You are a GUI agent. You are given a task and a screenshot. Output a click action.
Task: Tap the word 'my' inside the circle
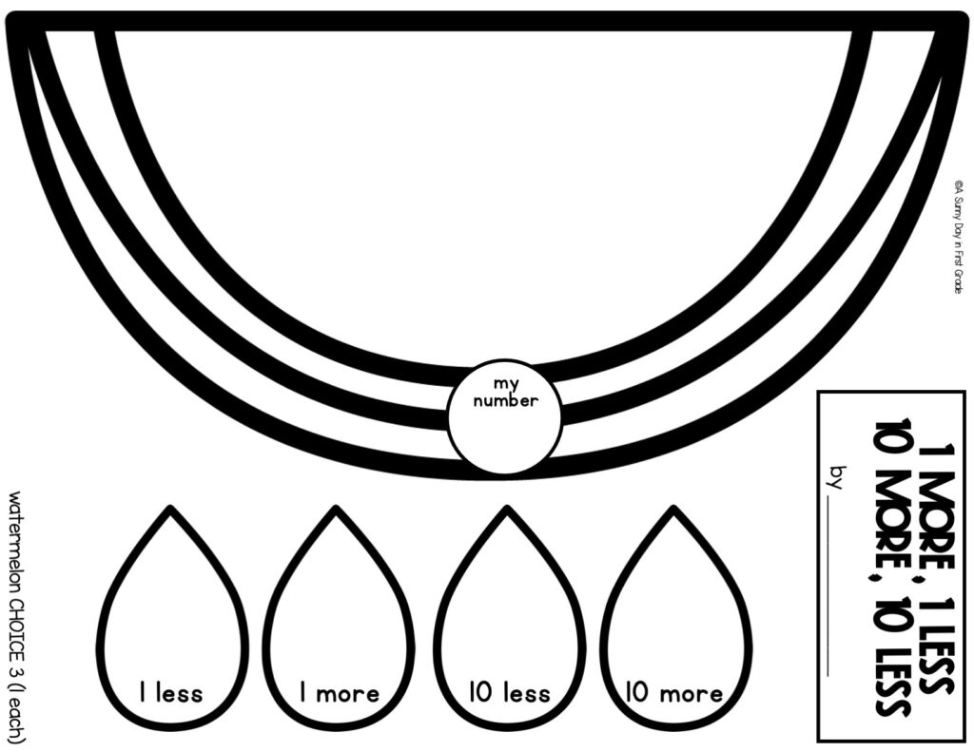pyautogui.click(x=503, y=383)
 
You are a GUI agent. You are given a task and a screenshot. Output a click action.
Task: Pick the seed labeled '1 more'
pyautogui.click(x=340, y=618)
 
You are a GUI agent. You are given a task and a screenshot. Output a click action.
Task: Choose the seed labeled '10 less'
pyautogui.click(x=507, y=618)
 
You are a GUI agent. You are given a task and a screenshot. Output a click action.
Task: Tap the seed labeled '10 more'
pyautogui.click(x=675, y=618)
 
